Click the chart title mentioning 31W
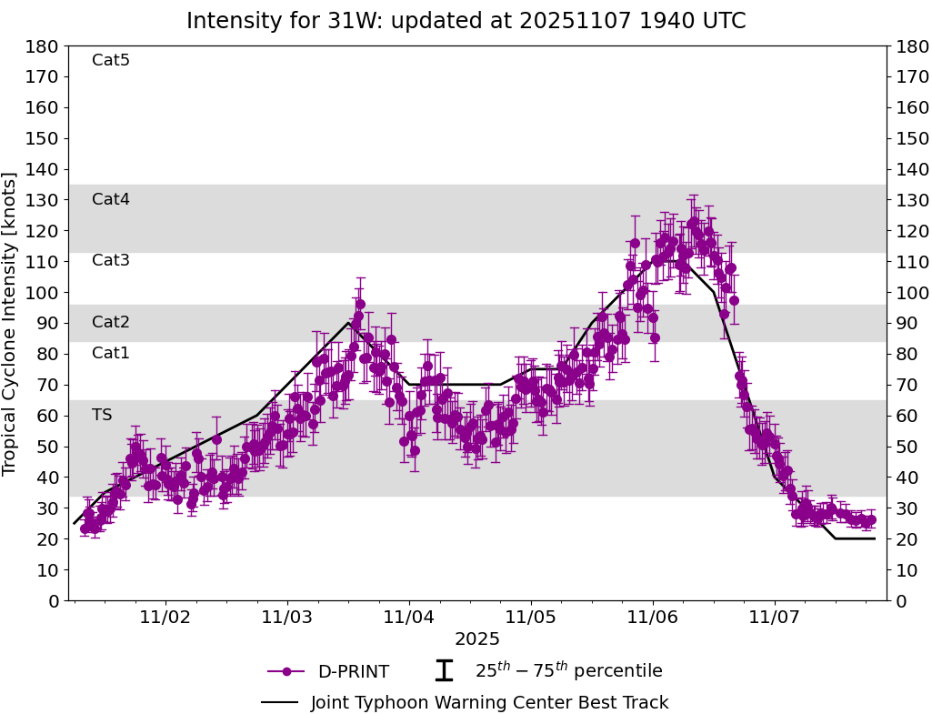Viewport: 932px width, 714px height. pos(466,21)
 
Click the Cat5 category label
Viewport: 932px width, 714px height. pos(111,61)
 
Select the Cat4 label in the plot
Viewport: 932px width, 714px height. pos(111,200)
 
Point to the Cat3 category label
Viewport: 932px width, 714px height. pos(111,261)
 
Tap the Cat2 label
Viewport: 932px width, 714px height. pos(111,323)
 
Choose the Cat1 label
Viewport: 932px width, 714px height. pos(111,354)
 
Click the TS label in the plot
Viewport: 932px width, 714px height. pos(102,416)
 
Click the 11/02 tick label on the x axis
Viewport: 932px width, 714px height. pos(165,617)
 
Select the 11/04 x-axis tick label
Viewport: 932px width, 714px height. pos(409,617)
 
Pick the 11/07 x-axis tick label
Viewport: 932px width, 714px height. pos(775,617)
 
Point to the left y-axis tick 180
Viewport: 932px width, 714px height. pos(44,46)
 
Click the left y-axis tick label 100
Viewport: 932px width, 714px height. pos(44,293)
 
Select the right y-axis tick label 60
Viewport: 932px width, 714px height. pos(906,416)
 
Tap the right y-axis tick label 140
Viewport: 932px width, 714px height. pos(910,169)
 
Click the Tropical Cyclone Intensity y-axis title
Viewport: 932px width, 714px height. pos(10,323)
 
